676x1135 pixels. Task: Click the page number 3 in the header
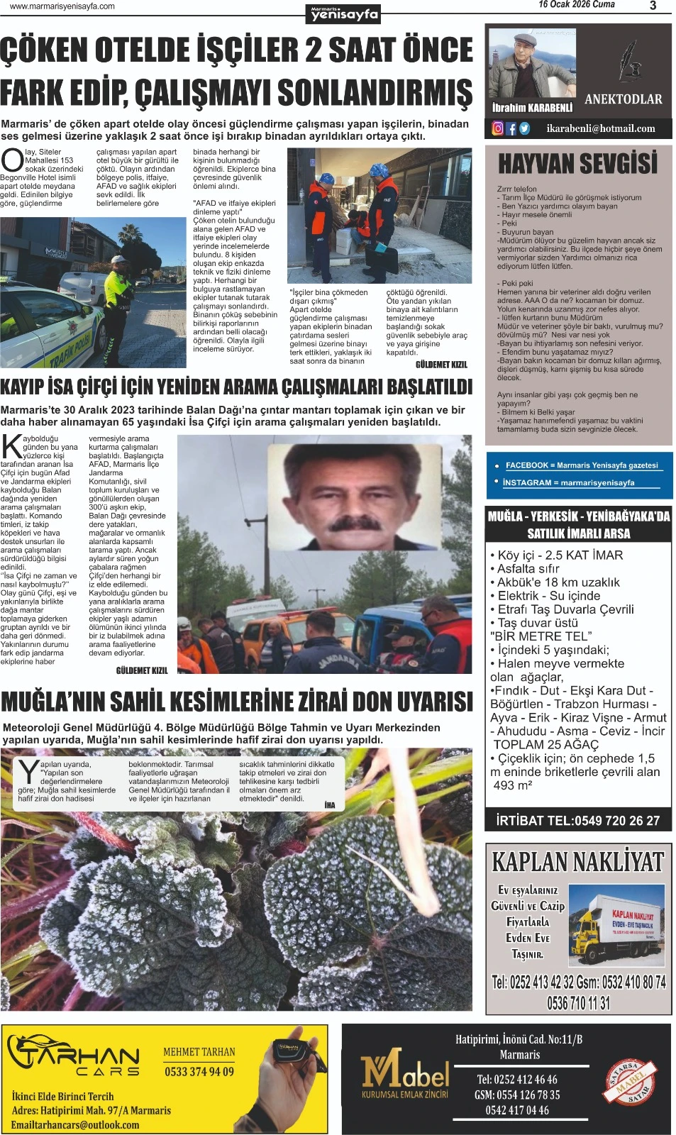pyautogui.click(x=653, y=6)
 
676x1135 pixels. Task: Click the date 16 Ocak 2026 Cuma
pyautogui.click(x=576, y=5)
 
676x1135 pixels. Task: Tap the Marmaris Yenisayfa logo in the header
pyautogui.click(x=345, y=13)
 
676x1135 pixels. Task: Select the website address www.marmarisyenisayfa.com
pyautogui.click(x=62, y=6)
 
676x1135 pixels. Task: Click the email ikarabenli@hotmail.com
pyautogui.click(x=601, y=128)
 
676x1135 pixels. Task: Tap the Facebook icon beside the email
pyautogui.click(x=511, y=128)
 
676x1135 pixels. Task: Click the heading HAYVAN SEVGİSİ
pyautogui.click(x=578, y=164)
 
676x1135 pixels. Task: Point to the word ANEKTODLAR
pyautogui.click(x=623, y=100)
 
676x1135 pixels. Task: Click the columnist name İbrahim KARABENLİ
pyautogui.click(x=532, y=108)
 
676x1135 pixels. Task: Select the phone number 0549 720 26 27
pyautogui.click(x=616, y=821)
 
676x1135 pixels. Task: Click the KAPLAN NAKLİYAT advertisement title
pyautogui.click(x=577, y=862)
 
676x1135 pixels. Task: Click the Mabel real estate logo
pyautogui.click(x=405, y=1074)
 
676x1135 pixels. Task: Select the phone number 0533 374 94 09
pyautogui.click(x=199, y=1071)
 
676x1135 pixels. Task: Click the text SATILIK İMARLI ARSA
pyautogui.click(x=578, y=533)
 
